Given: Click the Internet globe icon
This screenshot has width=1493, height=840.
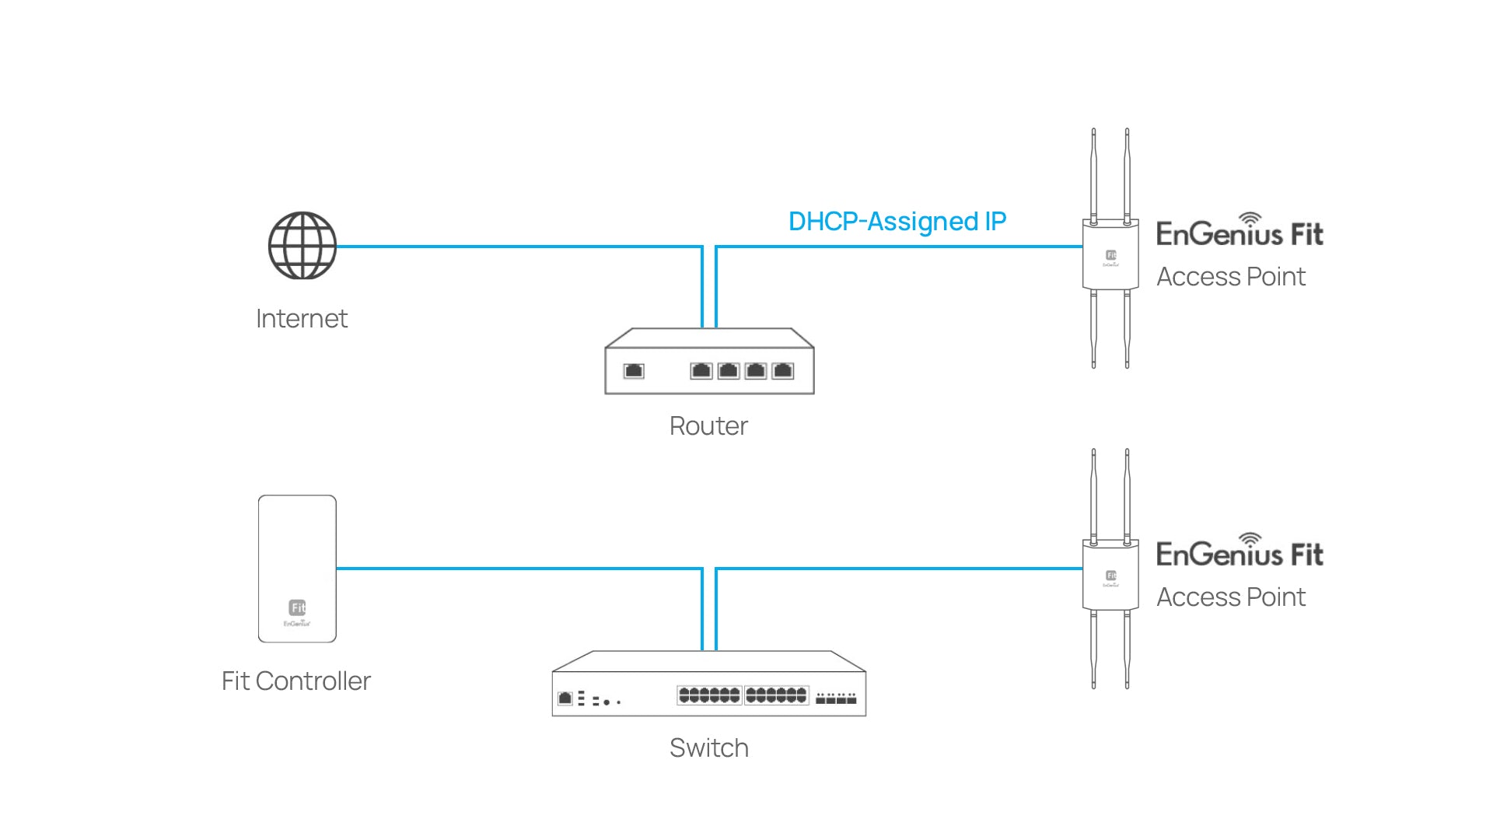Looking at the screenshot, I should click(302, 246).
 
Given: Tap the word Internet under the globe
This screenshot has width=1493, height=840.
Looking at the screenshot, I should click(302, 319).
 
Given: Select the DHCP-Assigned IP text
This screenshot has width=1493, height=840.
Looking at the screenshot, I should click(897, 222).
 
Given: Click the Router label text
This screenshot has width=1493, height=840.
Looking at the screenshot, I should click(708, 426).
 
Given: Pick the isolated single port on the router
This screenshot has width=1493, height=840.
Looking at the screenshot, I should click(634, 371).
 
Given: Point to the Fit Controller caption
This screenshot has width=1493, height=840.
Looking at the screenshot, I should click(296, 681).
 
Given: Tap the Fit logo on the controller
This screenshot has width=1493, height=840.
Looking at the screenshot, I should click(297, 607).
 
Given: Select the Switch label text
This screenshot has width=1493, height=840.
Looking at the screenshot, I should click(708, 748).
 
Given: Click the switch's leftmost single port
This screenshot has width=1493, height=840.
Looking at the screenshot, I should click(565, 698).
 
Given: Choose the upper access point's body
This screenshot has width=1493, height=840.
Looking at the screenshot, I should click(1110, 255).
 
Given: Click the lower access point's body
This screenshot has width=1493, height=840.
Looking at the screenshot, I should click(1110, 576).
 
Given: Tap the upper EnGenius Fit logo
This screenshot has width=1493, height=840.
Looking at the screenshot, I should click(1239, 232).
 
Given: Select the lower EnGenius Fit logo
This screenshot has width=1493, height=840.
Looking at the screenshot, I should click(1239, 552).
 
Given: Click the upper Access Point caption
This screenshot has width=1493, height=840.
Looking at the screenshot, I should click(1231, 277).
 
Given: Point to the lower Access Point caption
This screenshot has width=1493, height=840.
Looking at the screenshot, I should click(1231, 597).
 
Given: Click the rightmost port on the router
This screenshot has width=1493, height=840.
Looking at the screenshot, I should click(783, 371).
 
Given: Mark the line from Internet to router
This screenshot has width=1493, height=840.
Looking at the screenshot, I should click(513, 247).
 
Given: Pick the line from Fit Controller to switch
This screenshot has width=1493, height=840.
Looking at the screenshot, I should click(513, 569).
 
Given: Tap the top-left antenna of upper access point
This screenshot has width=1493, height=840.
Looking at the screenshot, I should click(1093, 175).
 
